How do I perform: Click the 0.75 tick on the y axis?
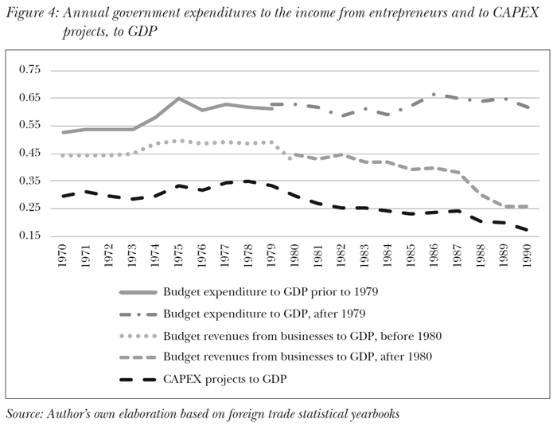29,70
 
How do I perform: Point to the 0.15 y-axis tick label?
29,236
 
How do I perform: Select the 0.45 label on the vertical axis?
29,154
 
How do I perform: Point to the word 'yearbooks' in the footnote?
371,415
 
